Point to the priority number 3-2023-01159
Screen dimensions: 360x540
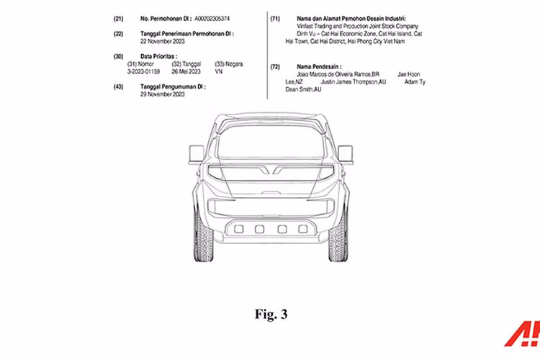tap(143, 72)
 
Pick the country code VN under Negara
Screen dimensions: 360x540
tap(220, 72)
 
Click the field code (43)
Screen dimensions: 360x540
tap(117, 86)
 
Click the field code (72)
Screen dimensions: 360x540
tap(274, 66)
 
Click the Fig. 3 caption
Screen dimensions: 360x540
tap(270, 313)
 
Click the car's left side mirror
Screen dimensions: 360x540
tap(197, 153)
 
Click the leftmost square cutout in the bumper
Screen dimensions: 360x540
tap(238, 229)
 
